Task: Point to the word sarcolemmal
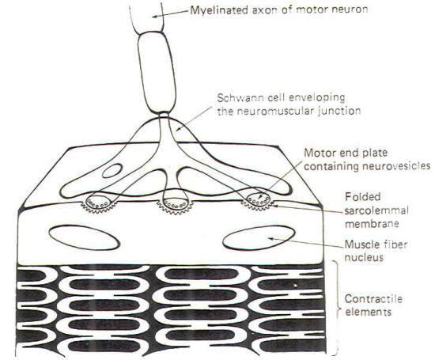tap(376, 210)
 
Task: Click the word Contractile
tap(373, 298)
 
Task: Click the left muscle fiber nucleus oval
tap(84, 237)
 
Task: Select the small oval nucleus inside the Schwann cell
tap(112, 171)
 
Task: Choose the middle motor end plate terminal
tap(175, 203)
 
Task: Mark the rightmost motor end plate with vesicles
tap(259, 200)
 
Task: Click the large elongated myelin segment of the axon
tap(157, 72)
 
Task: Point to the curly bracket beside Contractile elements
tap(336, 308)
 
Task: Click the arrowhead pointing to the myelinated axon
tap(155, 17)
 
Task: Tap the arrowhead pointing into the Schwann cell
tap(179, 129)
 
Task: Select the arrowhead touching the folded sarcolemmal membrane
tap(275, 206)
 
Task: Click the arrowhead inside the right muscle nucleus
tap(270, 238)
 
